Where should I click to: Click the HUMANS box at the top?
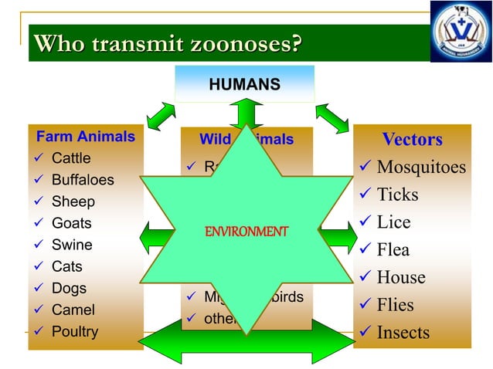pyautogui.click(x=244, y=83)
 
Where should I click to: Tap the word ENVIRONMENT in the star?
pyautogui.click(x=246, y=231)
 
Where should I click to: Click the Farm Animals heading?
pyautogui.click(x=86, y=137)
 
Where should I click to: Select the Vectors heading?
pyautogui.click(x=412, y=140)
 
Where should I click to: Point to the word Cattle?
pyautogui.click(x=71, y=159)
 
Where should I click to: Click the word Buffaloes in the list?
pyautogui.click(x=83, y=181)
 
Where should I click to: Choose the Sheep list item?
pyautogui.click(x=73, y=202)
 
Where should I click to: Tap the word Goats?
pyautogui.click(x=72, y=224)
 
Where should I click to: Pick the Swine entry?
pyautogui.click(x=72, y=245)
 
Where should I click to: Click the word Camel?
pyautogui.click(x=73, y=310)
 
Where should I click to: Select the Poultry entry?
pyautogui.click(x=75, y=332)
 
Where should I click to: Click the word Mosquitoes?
pyautogui.click(x=422, y=168)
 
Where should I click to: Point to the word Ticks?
pyautogui.click(x=398, y=195)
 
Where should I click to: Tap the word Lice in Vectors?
pyautogui.click(x=394, y=222)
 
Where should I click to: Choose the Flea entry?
pyautogui.click(x=393, y=250)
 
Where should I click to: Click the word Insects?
pyautogui.click(x=403, y=333)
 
